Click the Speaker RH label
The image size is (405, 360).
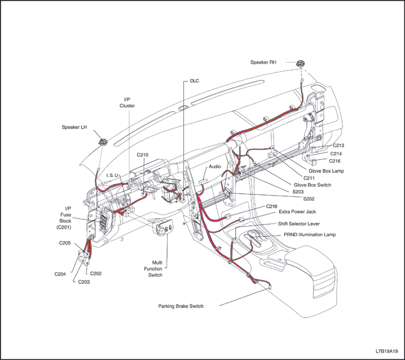(267, 62)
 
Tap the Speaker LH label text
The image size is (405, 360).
(75, 127)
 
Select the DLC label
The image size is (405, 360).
(194, 81)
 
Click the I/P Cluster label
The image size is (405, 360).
(127, 102)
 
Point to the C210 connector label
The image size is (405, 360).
(143, 155)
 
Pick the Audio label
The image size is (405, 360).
(215, 166)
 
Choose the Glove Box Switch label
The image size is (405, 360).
(312, 184)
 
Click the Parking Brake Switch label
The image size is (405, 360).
(181, 306)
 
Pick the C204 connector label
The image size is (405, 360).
(61, 274)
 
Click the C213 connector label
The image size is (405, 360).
(339, 145)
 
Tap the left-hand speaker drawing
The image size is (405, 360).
(102, 142)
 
